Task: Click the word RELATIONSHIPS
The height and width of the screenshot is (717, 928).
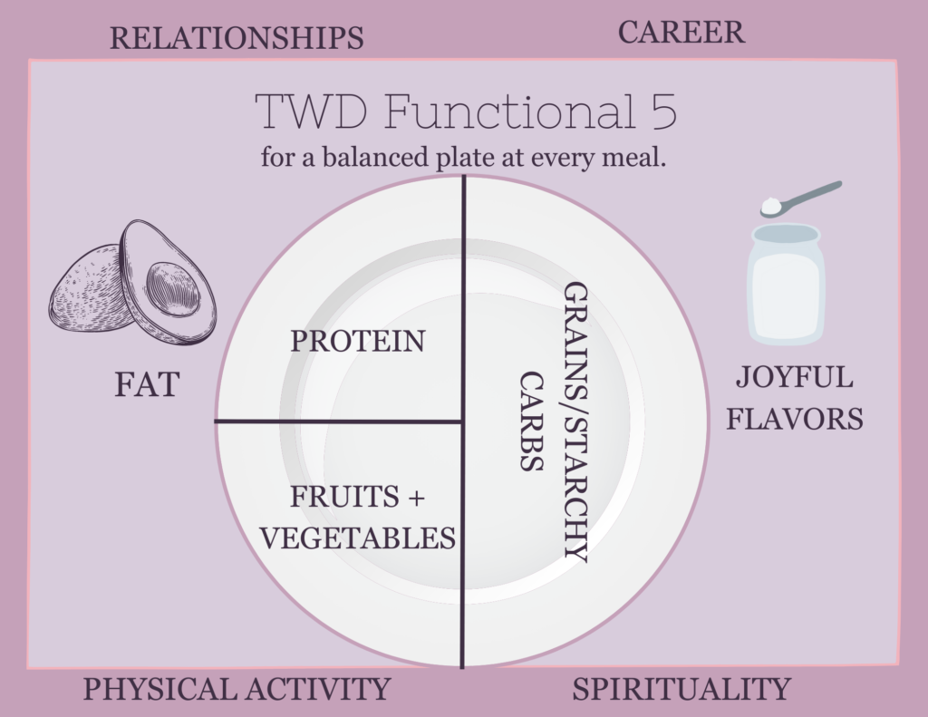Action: tap(237, 38)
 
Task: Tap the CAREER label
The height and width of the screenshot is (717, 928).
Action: tap(681, 32)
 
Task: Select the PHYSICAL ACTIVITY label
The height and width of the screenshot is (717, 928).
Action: tap(237, 689)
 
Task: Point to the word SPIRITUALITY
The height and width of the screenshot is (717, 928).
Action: tap(681, 689)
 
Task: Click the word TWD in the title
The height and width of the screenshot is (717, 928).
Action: tap(311, 111)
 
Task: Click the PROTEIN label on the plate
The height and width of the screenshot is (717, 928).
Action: tap(358, 341)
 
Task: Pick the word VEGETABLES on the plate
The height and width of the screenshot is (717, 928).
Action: tap(358, 538)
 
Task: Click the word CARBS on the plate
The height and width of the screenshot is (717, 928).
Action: tap(531, 421)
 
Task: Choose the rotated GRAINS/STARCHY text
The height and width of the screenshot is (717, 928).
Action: tap(575, 421)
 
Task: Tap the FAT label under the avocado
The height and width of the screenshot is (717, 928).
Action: tap(147, 384)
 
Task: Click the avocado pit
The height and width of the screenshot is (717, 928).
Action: tap(173, 289)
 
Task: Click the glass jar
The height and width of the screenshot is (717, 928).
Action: tap(786, 284)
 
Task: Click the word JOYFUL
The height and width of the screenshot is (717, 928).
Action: tap(794, 377)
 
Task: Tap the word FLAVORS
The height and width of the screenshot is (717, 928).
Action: tap(794, 419)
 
